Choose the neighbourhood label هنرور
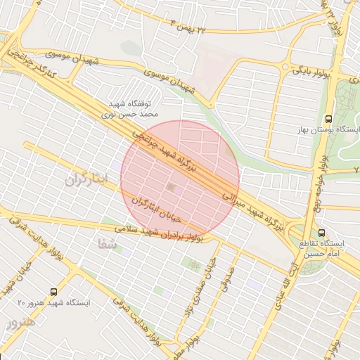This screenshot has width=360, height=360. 20,324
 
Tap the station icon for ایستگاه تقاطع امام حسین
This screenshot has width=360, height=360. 321,233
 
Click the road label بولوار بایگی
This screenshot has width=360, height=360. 308,71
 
